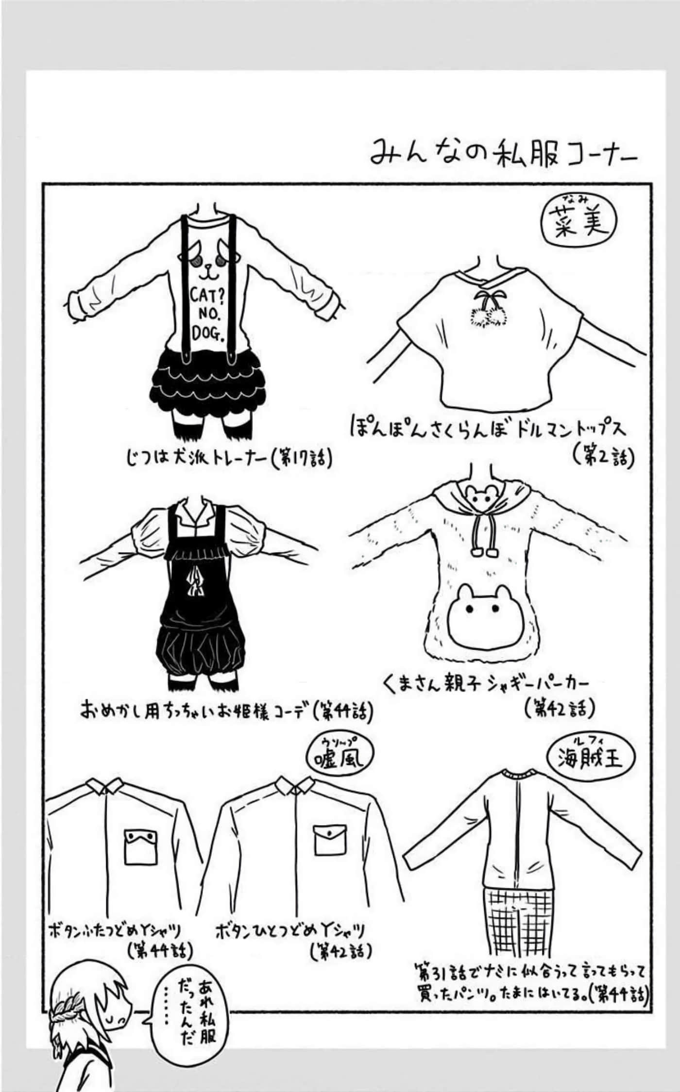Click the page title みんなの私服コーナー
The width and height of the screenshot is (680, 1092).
503,153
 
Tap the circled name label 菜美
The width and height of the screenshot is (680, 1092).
578,221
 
